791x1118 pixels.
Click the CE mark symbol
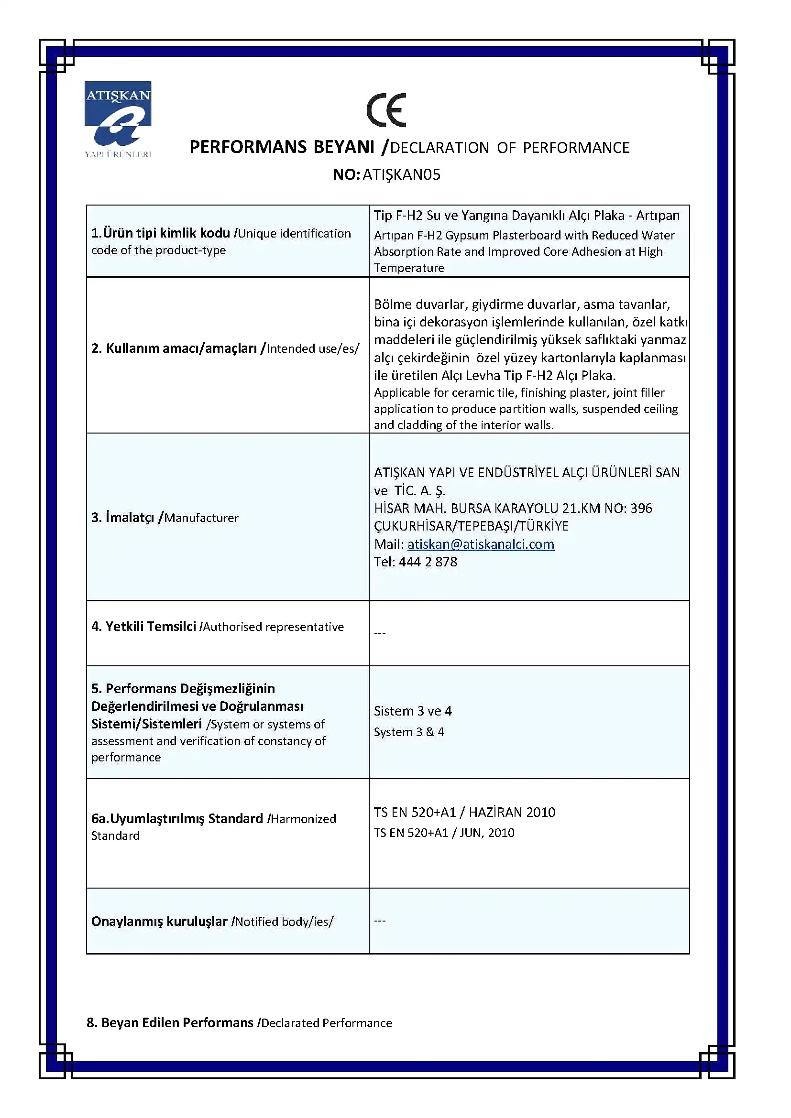pyautogui.click(x=386, y=110)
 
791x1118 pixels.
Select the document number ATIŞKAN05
pyautogui.click(x=401, y=174)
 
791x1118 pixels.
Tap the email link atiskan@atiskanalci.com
pyautogui.click(x=481, y=544)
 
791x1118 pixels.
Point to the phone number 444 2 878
pyautogui.click(x=428, y=562)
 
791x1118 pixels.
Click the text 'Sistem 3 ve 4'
pyautogui.click(x=413, y=711)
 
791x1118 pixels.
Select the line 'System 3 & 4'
pyautogui.click(x=408, y=732)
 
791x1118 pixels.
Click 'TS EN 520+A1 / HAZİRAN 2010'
pyautogui.click(x=464, y=812)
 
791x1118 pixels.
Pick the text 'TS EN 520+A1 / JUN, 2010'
pyautogui.click(x=444, y=833)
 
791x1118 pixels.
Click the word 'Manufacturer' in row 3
pyautogui.click(x=201, y=518)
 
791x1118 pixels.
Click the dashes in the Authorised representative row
pyautogui.click(x=380, y=633)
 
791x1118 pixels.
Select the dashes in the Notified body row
pyautogui.click(x=380, y=921)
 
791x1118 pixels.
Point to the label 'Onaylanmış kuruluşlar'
pyautogui.click(x=159, y=921)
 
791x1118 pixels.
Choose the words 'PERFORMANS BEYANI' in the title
pyautogui.click(x=282, y=147)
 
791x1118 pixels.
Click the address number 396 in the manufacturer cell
pyautogui.click(x=641, y=509)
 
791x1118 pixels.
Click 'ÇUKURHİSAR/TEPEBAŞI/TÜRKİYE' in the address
pyautogui.click(x=471, y=526)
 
